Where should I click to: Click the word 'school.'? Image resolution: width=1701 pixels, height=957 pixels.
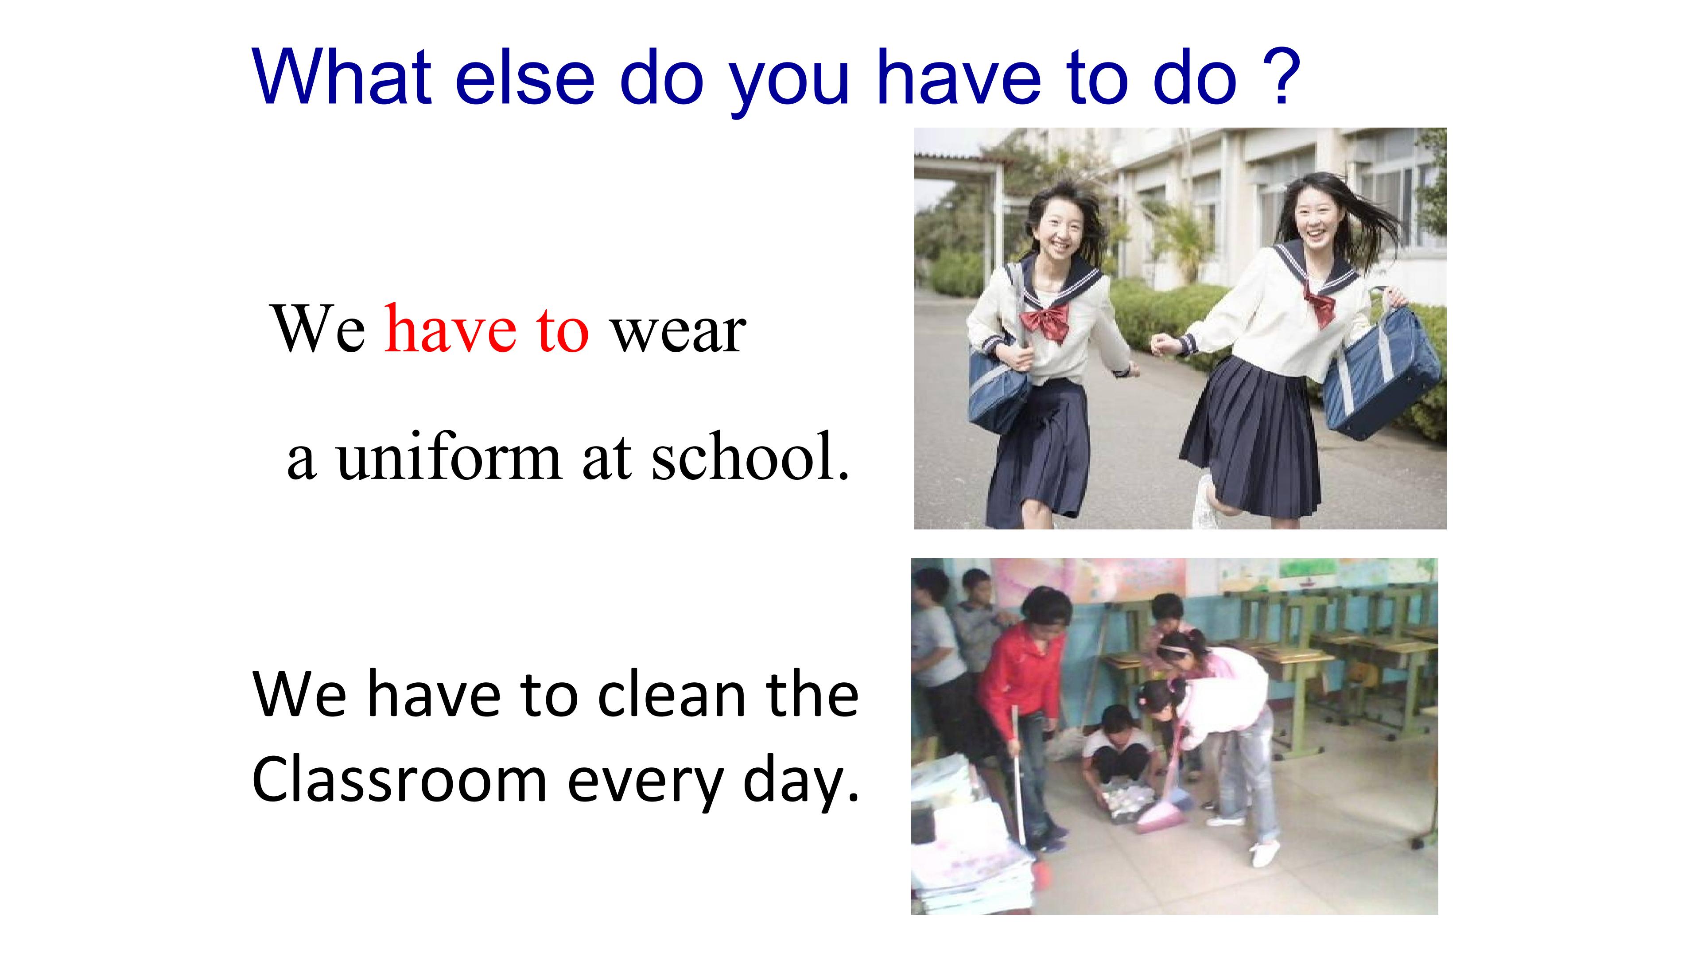[750, 457]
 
